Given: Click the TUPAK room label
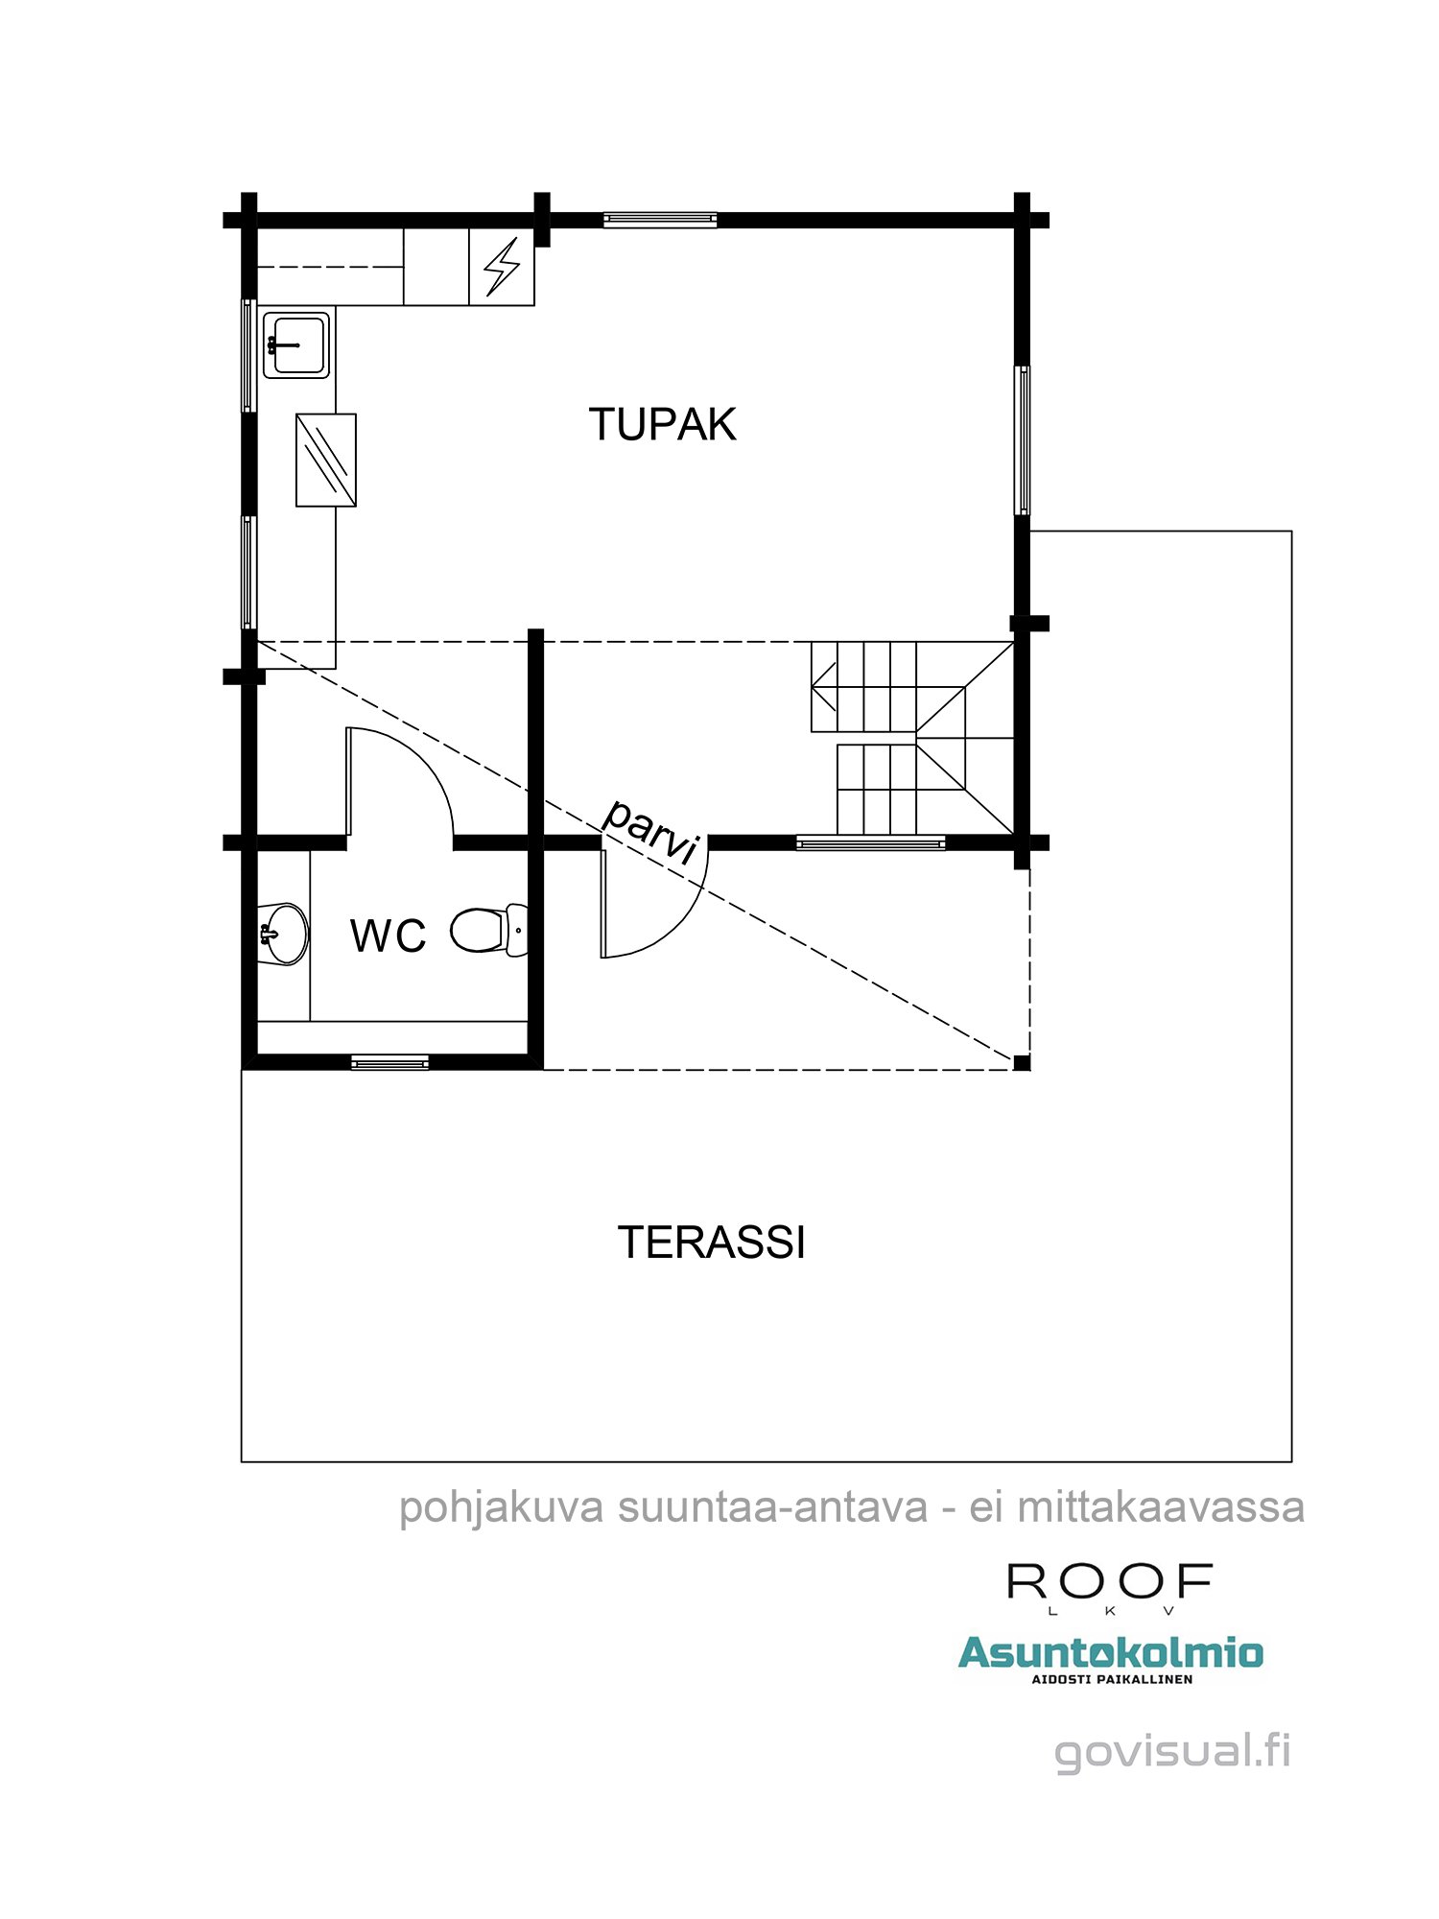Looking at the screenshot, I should [x=662, y=425].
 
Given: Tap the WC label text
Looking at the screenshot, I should [x=388, y=936].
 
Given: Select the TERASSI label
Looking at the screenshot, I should [x=711, y=1243].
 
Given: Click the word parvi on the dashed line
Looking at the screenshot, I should [x=650, y=831].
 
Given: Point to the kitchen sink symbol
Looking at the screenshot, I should [x=296, y=344].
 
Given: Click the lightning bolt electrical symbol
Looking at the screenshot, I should [x=502, y=267].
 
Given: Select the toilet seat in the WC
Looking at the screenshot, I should [x=485, y=930].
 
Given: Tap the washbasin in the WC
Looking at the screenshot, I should [x=284, y=933].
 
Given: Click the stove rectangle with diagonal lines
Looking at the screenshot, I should [x=326, y=460].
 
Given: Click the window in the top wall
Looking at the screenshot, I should [x=660, y=221].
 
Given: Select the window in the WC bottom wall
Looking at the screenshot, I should [x=389, y=1062].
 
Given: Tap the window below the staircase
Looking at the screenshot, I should [x=870, y=843].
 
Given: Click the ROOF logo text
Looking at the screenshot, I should [x=1109, y=1580].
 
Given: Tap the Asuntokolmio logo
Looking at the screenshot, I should [x=1110, y=1653].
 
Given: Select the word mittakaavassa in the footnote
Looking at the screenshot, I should [x=1160, y=1507].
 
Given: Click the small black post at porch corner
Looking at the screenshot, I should [x=1022, y=1062].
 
